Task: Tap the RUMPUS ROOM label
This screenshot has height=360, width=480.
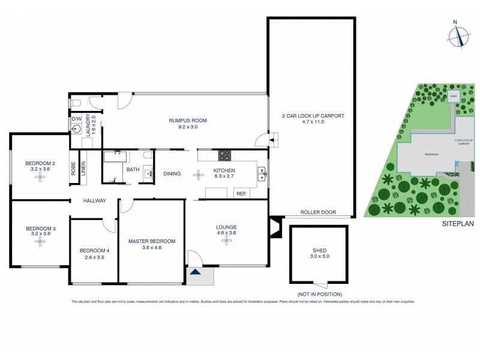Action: coord(187,121)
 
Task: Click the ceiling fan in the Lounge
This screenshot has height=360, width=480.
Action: coord(227,241)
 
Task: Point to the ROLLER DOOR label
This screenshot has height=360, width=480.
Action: coord(318,212)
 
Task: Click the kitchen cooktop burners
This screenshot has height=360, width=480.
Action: coord(224,155)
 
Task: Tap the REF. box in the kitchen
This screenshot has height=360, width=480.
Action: coord(241,194)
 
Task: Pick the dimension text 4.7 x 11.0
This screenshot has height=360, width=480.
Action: coord(313,121)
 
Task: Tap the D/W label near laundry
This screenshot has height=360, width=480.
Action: coord(76,119)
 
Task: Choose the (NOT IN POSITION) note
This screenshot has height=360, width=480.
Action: coord(319,294)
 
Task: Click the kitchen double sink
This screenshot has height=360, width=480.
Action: coord(262,174)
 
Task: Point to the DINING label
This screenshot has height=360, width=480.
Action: coord(172,174)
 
